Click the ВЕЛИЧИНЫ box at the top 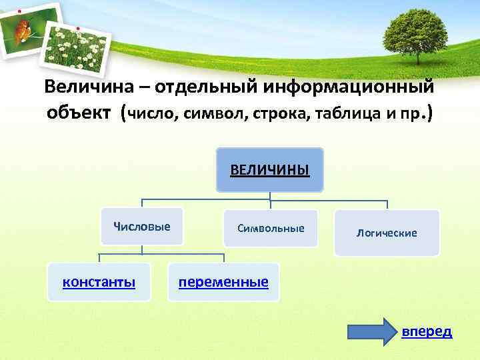[x=270, y=170]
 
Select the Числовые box [x=141, y=227]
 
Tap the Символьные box [x=271, y=229]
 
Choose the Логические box [x=387, y=233]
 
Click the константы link [x=99, y=282]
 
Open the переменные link [x=223, y=282]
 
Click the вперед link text [x=427, y=331]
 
